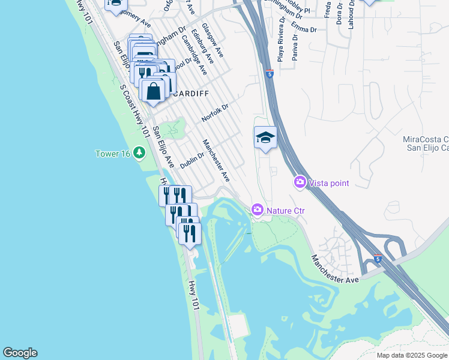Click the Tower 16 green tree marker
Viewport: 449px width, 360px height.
pyautogui.click(x=139, y=154)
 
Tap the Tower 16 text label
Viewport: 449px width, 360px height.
pyautogui.click(x=113, y=154)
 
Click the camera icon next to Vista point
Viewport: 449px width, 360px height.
pyautogui.click(x=300, y=182)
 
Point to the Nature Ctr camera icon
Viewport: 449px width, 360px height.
pyautogui.click(x=257, y=209)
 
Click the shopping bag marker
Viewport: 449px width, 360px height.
pyautogui.click(x=154, y=91)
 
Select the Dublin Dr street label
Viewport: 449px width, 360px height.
pyautogui.click(x=192, y=160)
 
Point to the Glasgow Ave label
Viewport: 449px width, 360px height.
pyautogui.click(x=212, y=40)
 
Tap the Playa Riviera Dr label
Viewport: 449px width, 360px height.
pyautogui.click(x=280, y=44)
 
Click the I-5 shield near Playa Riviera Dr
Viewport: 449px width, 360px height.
pyautogui.click(x=270, y=74)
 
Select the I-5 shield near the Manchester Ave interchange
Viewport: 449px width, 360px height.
pyautogui.click(x=378, y=259)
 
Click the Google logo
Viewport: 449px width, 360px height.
pyautogui.click(x=20, y=353)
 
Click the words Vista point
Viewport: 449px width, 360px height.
pyautogui.click(x=330, y=182)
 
